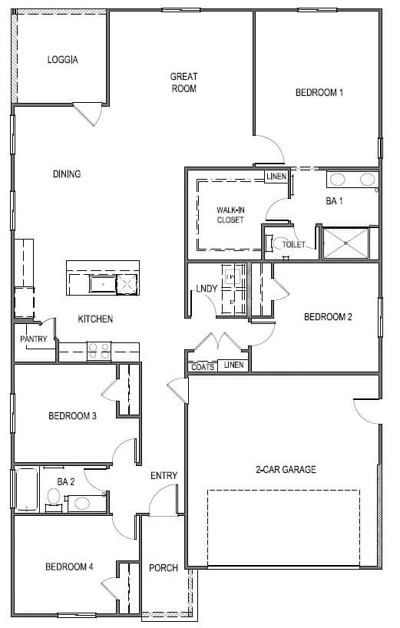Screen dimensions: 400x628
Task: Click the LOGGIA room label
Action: point(62,60)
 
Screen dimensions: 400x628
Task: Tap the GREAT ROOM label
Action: point(183,82)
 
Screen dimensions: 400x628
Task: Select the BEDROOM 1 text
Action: point(319,93)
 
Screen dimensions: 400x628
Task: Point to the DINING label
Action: point(67,174)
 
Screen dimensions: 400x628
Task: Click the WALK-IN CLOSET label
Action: point(230,215)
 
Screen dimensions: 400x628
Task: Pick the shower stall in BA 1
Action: point(345,243)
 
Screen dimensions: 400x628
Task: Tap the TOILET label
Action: point(293,244)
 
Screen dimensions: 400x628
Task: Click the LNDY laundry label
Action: point(207,289)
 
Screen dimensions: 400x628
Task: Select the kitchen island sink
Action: point(103,284)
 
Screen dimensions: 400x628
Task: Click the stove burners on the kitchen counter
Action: point(99,352)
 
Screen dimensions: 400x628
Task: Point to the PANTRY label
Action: point(34,339)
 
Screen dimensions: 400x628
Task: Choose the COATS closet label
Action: point(203,367)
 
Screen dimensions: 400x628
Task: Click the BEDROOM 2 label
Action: point(328,317)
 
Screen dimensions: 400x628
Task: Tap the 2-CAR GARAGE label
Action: point(286,469)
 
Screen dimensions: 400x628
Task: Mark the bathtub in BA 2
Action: point(27,489)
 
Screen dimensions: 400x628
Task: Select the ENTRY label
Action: point(164,475)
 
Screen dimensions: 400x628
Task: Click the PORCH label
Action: point(164,567)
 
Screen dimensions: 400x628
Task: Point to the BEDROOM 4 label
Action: point(69,567)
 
